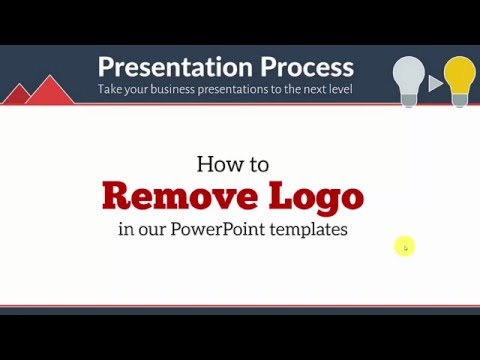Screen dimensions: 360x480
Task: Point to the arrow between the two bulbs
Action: (435, 83)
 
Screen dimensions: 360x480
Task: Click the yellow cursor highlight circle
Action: (404, 246)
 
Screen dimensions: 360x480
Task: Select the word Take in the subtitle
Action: (111, 89)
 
